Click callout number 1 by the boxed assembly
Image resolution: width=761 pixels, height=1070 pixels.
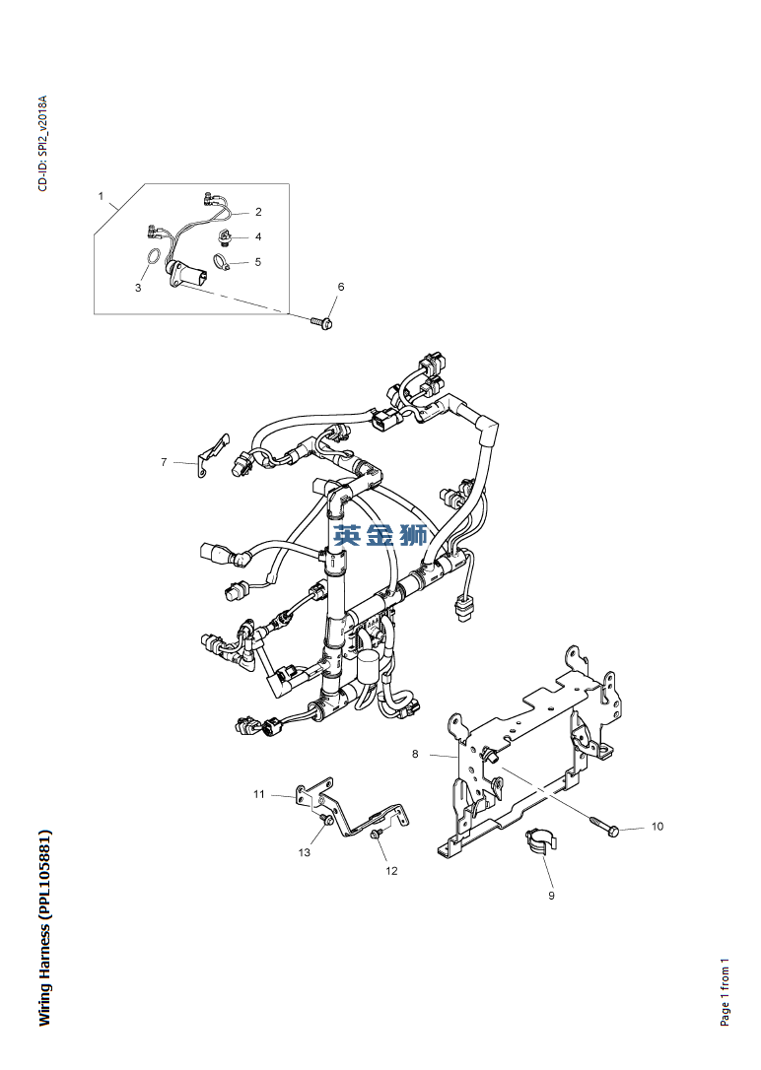tap(101, 196)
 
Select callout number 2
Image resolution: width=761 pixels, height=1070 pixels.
tap(258, 212)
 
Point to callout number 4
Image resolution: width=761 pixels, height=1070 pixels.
tap(258, 236)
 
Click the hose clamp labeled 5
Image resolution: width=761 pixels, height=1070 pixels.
tap(222, 263)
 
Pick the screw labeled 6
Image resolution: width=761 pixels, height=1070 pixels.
tap(320, 321)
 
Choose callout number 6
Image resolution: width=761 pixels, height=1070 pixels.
tap(341, 287)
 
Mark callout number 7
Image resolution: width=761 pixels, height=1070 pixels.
tap(165, 461)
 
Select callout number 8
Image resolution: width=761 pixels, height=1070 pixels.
tap(415, 754)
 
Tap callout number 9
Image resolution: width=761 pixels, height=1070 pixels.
tap(552, 896)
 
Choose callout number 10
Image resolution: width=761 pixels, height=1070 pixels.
tap(657, 827)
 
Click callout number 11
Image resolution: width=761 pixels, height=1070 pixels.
tap(259, 794)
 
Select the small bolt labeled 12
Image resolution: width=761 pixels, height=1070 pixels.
tap(377, 836)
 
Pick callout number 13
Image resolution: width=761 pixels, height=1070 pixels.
tap(305, 852)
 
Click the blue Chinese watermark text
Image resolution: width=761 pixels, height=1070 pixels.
tap(380, 535)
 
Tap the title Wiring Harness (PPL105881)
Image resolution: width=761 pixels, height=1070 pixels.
tap(44, 927)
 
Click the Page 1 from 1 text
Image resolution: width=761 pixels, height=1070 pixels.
tap(726, 991)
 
